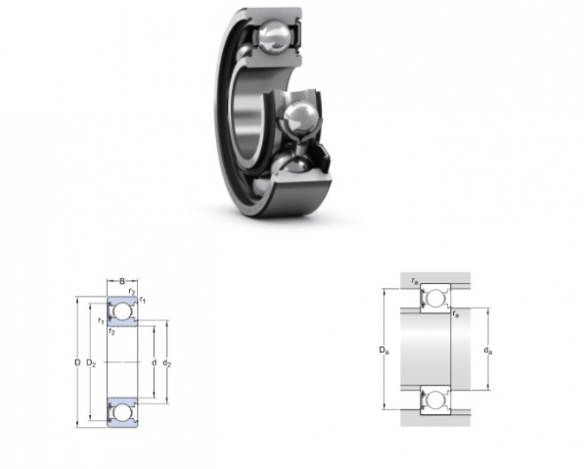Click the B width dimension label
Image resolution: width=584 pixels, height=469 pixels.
point(122,281)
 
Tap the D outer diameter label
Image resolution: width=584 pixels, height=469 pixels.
point(78,362)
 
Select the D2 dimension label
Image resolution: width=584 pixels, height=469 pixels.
point(91,363)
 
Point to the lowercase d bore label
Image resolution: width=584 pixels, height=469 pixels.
point(154,362)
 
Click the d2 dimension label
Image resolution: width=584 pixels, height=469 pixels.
point(167,363)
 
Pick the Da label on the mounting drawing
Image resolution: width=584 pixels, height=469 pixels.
point(384,350)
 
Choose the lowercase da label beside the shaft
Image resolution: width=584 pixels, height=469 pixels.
point(488,350)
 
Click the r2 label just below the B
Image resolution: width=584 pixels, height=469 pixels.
point(132,290)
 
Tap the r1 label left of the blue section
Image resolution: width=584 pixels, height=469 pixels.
point(101,320)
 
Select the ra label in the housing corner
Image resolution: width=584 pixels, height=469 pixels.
point(414,281)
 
